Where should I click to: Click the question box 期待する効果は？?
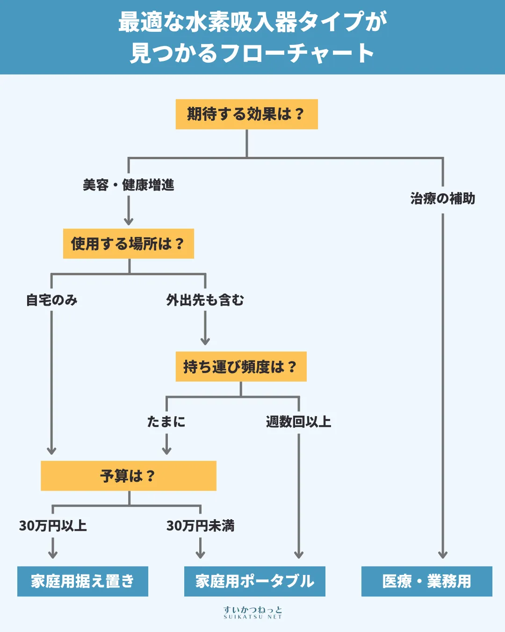click(246, 114)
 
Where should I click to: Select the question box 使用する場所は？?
click(128, 243)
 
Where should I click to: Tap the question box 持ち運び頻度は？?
click(241, 367)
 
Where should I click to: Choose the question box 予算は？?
click(128, 476)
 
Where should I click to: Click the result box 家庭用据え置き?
click(82, 581)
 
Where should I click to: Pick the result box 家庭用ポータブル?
click(254, 581)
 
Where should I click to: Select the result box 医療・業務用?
click(426, 581)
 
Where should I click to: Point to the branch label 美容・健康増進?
click(128, 185)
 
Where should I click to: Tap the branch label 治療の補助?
click(442, 198)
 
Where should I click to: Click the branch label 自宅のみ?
click(51, 300)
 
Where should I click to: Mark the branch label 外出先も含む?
click(205, 300)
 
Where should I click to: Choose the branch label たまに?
click(166, 422)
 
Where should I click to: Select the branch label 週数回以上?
click(298, 422)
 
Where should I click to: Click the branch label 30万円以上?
click(53, 526)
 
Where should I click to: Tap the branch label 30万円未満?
click(200, 526)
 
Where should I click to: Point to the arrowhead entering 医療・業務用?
click(443, 555)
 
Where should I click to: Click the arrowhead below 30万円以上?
click(53, 555)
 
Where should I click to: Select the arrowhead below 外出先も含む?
click(205, 341)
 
